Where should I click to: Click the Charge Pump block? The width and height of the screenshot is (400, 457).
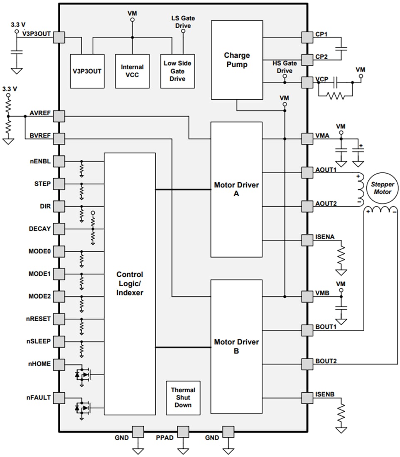coord(237,60)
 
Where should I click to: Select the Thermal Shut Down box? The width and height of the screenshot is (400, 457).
coord(183,398)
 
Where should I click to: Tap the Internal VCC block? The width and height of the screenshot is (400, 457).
coord(132,71)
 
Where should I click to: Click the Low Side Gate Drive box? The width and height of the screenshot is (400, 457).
coord(177,71)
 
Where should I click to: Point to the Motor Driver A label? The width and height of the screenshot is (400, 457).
coord(236,189)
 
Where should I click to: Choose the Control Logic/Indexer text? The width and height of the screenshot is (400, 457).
coord(130,283)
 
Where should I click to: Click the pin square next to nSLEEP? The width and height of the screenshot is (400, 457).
coord(59,342)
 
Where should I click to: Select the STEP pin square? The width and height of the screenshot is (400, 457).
coord(59,184)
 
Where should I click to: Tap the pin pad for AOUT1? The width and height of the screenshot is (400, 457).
coord(307,172)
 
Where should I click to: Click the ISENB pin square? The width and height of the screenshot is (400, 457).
coord(307,398)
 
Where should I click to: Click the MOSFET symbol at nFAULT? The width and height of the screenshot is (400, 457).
coord(83,408)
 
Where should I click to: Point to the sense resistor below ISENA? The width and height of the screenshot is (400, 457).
coord(341,256)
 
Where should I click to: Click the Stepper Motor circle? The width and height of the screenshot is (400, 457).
coord(383,188)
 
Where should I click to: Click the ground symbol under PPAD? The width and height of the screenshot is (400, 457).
coord(183,451)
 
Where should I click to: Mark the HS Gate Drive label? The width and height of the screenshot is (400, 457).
coord(285,67)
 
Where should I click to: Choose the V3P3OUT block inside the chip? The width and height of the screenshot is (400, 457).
coord(87,71)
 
